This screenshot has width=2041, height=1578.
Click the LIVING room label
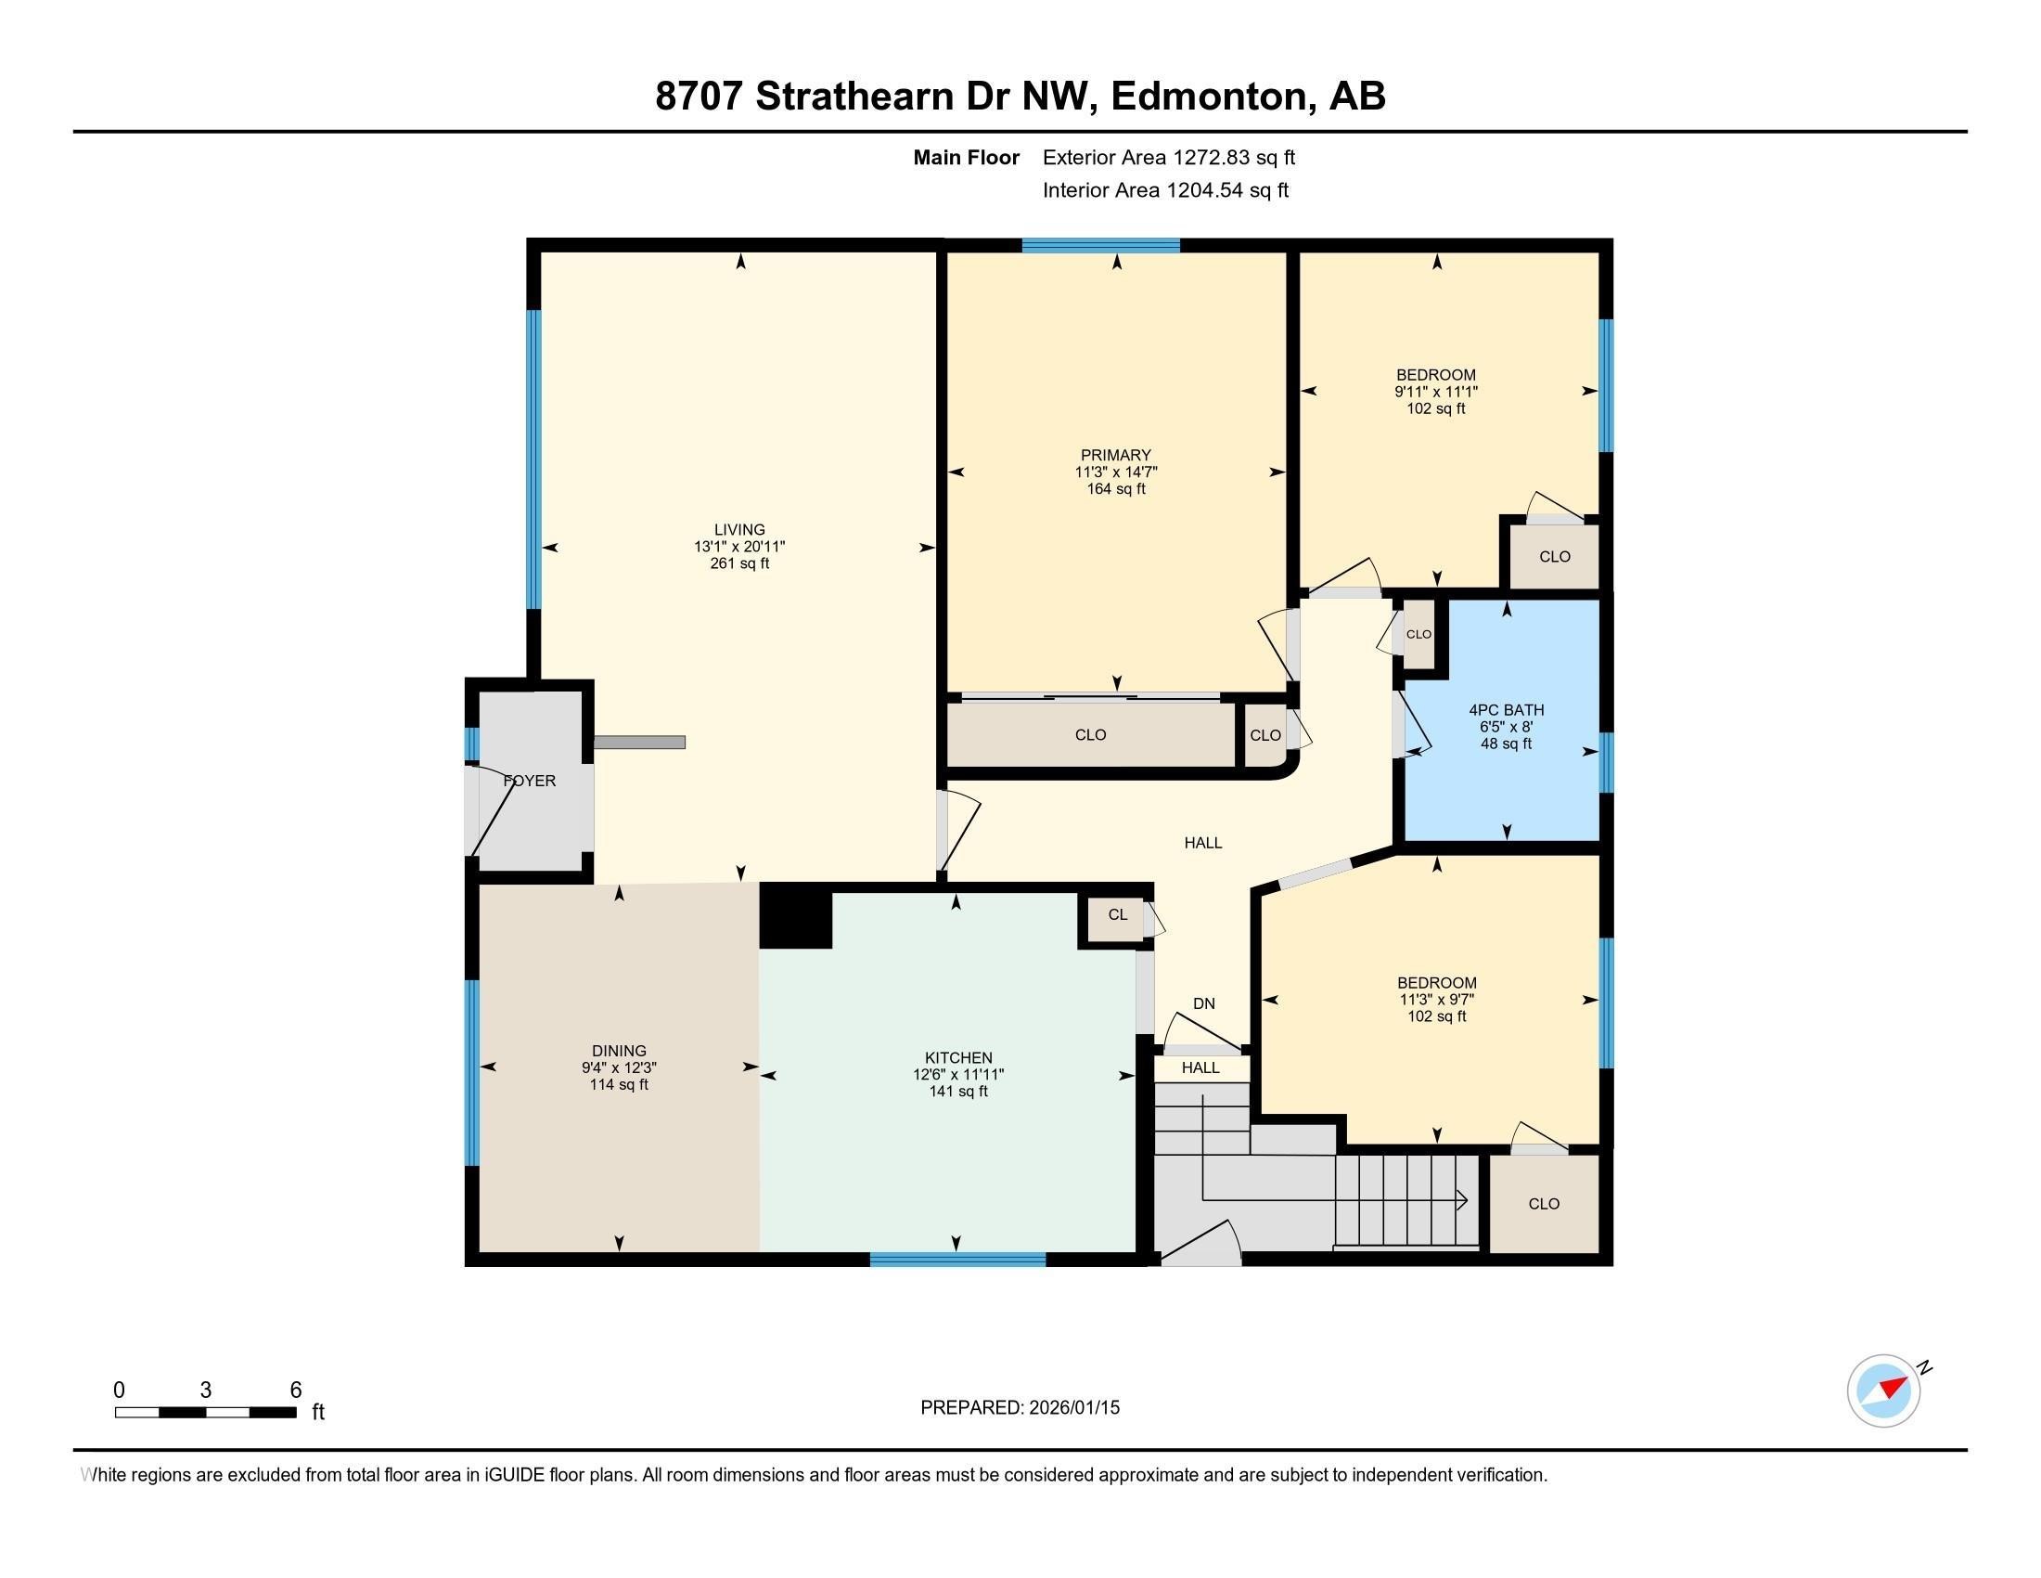tap(739, 530)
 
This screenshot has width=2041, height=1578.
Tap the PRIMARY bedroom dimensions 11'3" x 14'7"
tap(1116, 472)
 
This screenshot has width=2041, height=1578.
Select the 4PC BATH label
tap(1506, 709)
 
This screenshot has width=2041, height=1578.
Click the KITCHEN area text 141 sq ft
tap(958, 1092)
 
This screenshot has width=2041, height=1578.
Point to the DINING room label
tap(619, 1051)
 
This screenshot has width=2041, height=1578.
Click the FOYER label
tap(530, 781)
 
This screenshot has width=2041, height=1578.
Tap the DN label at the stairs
tap(1203, 1003)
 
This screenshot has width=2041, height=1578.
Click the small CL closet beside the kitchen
tap(1118, 914)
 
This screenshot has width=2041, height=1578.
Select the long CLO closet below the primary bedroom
tap(1090, 735)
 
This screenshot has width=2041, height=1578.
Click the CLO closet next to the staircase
tap(1543, 1204)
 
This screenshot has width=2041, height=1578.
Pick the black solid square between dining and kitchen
tap(795, 916)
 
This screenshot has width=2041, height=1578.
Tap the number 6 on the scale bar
tap(295, 1390)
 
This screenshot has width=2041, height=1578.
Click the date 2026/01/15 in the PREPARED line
tap(1072, 1408)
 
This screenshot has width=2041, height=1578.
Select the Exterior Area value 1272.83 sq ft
tap(1234, 158)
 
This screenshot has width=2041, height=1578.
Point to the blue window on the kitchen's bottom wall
tap(957, 1261)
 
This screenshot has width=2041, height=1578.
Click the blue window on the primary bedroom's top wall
tap(1100, 246)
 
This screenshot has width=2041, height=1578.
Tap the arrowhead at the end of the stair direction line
tap(1461, 1199)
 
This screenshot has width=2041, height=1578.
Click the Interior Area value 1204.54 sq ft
tap(1227, 190)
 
